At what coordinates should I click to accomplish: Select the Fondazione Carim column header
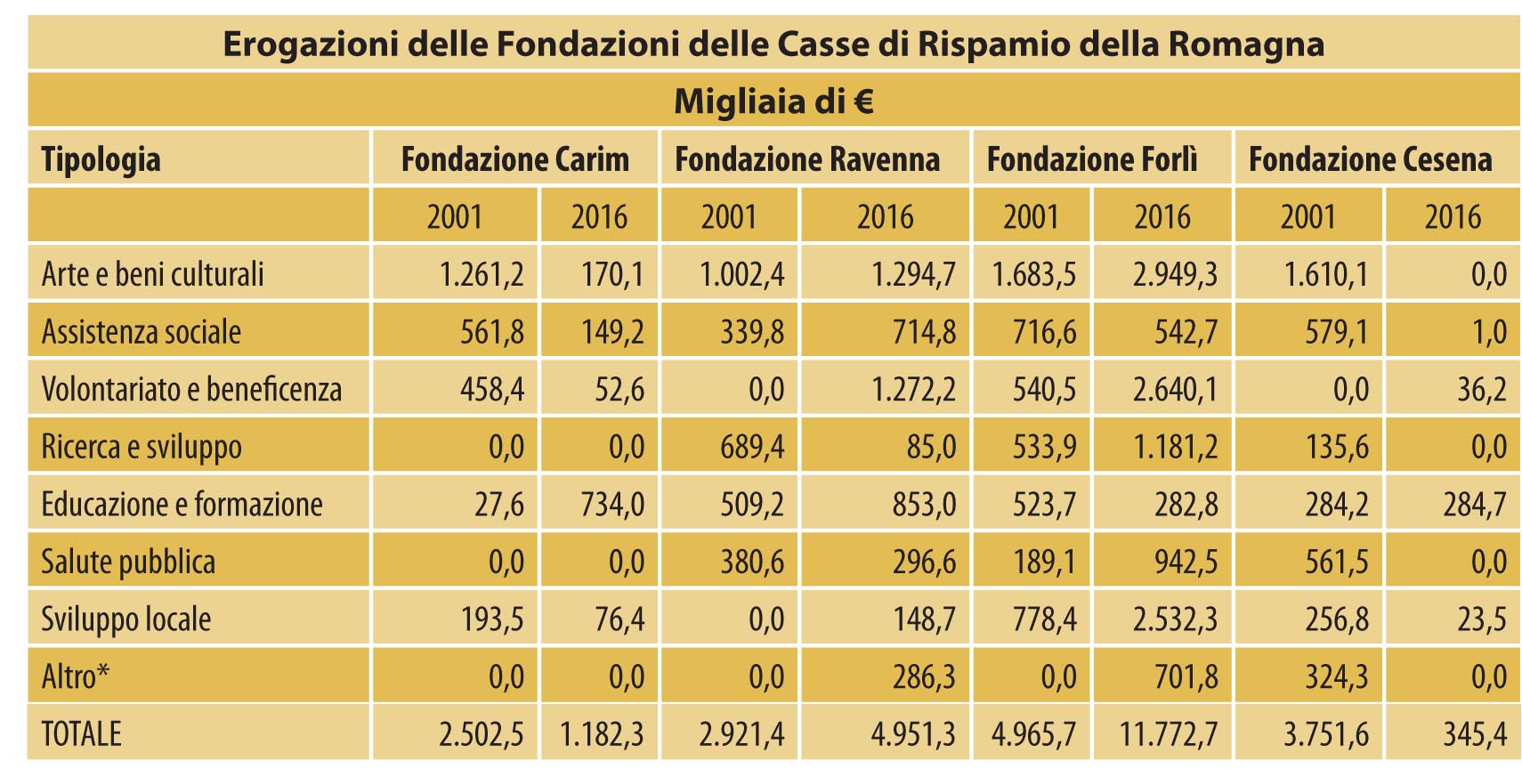[514, 159]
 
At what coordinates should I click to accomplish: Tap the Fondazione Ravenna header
[807, 159]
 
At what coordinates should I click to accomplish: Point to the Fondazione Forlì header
[1092, 159]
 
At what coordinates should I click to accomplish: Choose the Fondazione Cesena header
[1370, 159]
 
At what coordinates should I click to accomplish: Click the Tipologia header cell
[101, 159]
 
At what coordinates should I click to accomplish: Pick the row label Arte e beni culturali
[153, 274]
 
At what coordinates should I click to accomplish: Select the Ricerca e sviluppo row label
[142, 447]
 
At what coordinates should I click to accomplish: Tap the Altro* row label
[76, 677]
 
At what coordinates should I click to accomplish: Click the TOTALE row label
[81, 734]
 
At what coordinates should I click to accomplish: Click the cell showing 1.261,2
[482, 274]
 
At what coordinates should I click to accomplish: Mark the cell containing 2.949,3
[1175, 274]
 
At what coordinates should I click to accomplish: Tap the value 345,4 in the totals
[1475, 734]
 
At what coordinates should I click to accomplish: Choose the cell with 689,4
[752, 447]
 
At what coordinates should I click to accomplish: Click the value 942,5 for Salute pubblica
[1187, 563]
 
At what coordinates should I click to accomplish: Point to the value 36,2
[1482, 390]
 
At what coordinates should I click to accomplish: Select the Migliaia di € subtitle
[773, 101]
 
